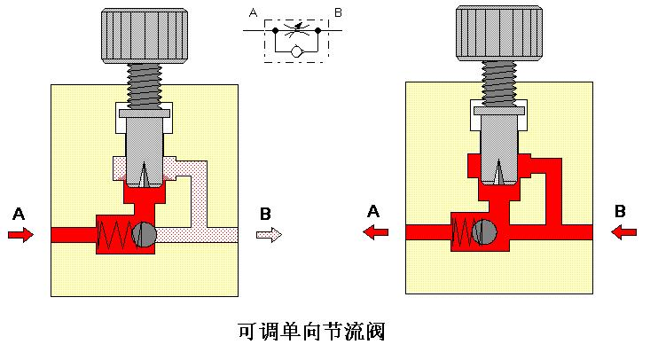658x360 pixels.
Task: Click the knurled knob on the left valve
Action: point(145,36)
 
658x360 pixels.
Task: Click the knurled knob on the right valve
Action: point(499,34)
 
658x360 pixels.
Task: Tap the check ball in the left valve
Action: point(144,235)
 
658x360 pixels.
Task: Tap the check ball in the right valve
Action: point(484,232)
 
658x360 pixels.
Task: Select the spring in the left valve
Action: point(114,235)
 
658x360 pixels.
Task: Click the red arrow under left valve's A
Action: point(20,234)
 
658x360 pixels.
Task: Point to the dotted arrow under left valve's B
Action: point(269,234)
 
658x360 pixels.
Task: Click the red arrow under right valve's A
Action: point(376,231)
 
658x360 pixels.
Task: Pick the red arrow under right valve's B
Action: point(624,231)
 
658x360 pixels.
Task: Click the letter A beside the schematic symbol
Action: point(253,13)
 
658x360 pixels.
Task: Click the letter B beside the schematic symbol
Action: point(338,13)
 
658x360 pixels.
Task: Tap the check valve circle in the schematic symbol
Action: point(297,51)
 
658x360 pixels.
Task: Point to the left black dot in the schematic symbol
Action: point(275,30)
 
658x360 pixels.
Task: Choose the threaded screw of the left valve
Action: point(145,86)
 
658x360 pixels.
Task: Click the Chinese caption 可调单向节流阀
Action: point(312,332)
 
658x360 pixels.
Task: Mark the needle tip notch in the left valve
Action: point(144,175)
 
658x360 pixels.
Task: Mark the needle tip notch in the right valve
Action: point(498,172)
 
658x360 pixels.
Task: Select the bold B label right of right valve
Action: point(620,211)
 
